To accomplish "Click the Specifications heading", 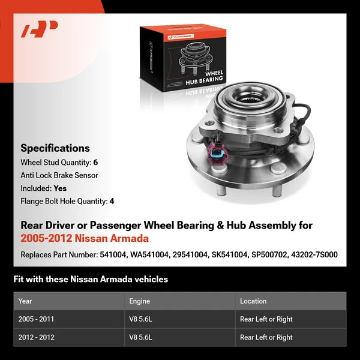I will tap(55, 148).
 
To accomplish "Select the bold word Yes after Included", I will tap(61, 188).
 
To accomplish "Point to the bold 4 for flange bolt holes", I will tap(112, 201).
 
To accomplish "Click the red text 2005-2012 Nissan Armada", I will tap(85, 238).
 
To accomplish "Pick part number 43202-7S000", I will tap(314, 254).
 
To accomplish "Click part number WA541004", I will tap(148, 254).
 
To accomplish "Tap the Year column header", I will tap(25, 301).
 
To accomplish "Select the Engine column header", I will tap(139, 301).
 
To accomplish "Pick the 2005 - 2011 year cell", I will tap(37, 319).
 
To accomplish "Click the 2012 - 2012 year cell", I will tap(37, 337).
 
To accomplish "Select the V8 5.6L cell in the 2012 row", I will tap(141, 337).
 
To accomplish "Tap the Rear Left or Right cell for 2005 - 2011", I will tap(266, 319).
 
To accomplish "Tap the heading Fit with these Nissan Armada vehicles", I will tap(91, 279).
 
